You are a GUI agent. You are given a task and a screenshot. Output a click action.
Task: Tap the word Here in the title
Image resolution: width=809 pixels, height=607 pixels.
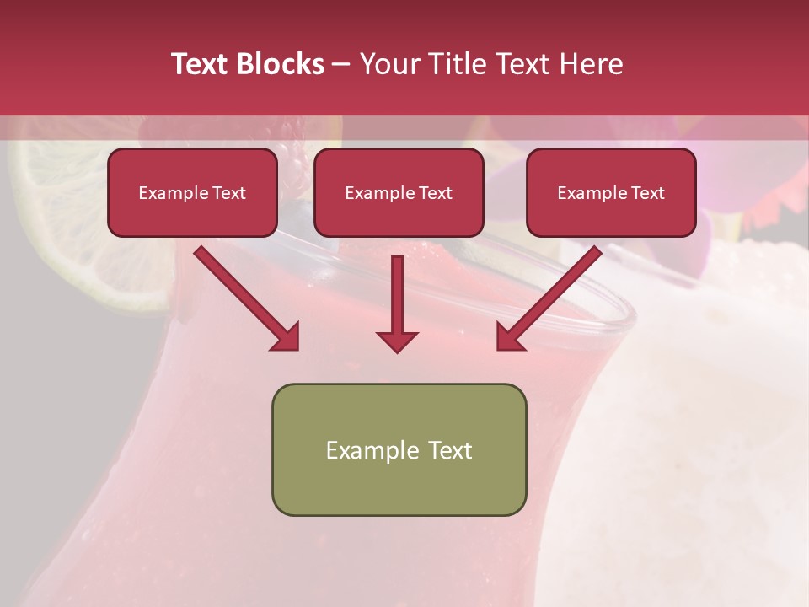click(x=591, y=64)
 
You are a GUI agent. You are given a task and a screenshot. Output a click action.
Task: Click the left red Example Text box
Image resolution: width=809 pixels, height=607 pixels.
click(x=192, y=192)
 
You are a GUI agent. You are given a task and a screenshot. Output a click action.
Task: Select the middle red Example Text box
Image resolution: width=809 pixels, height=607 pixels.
click(x=399, y=192)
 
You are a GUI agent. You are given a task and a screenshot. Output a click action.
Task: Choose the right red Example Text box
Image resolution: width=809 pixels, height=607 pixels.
click(x=611, y=192)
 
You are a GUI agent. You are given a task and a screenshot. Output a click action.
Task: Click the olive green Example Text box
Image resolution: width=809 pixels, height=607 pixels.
click(x=399, y=449)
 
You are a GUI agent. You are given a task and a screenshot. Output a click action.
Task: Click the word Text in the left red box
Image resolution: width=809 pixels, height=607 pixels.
click(x=228, y=193)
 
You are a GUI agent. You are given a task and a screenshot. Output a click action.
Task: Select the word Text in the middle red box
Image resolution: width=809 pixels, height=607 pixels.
click(x=435, y=193)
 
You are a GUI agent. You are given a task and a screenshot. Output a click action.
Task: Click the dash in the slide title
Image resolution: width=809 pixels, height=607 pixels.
click(x=341, y=64)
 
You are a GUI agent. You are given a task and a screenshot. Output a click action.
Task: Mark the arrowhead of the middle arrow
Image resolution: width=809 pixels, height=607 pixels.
click(x=397, y=341)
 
